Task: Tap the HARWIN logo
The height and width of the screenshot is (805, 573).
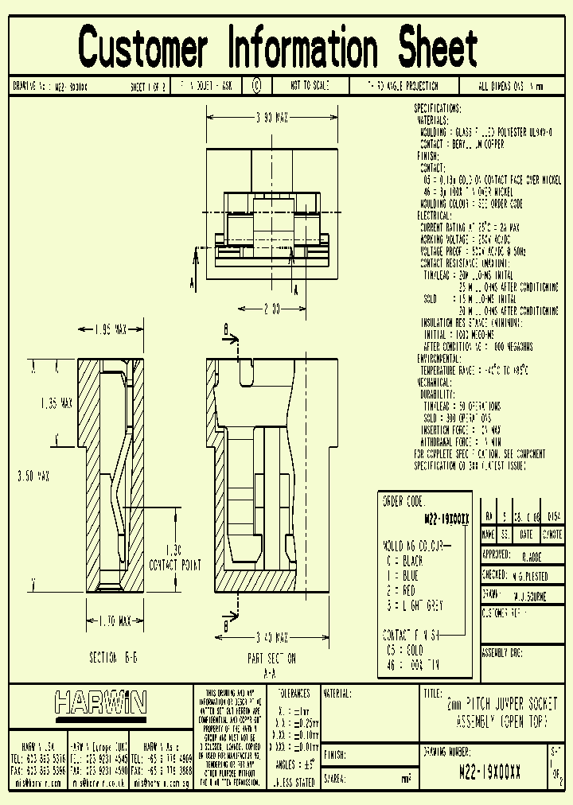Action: [x=100, y=702]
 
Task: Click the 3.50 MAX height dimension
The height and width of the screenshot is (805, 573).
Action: [x=33, y=476]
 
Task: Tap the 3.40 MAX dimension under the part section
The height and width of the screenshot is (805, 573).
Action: [x=272, y=636]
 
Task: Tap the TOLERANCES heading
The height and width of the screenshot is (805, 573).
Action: [x=293, y=693]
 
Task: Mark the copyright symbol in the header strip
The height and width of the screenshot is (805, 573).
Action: [x=256, y=86]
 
